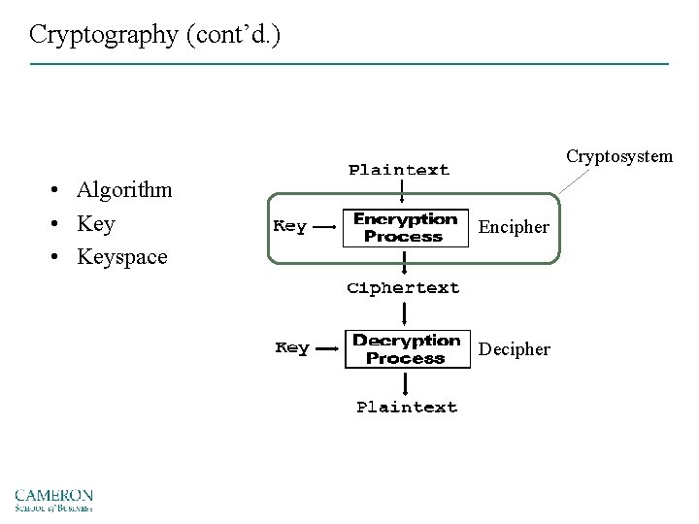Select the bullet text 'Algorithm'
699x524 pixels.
pos(124,189)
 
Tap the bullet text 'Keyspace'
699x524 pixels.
pos(122,257)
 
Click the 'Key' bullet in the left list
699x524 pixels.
pos(96,223)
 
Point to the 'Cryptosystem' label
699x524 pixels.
pos(618,156)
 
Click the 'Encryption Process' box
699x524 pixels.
pos(405,228)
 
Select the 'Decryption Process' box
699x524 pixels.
pos(406,349)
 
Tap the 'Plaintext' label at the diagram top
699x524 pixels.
pos(399,171)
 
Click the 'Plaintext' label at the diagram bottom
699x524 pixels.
pos(407,408)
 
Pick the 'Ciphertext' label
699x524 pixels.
pos(404,288)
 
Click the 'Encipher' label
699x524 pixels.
pos(514,228)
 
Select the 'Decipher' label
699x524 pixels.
pos(515,349)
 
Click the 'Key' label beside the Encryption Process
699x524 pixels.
pos(290,227)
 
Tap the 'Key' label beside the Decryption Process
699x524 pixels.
pos(292,348)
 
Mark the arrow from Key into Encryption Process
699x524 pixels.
pos(325,228)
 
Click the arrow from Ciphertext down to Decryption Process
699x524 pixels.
pos(405,313)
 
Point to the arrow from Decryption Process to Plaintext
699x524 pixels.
pos(405,381)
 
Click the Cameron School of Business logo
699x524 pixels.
pos(53,499)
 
